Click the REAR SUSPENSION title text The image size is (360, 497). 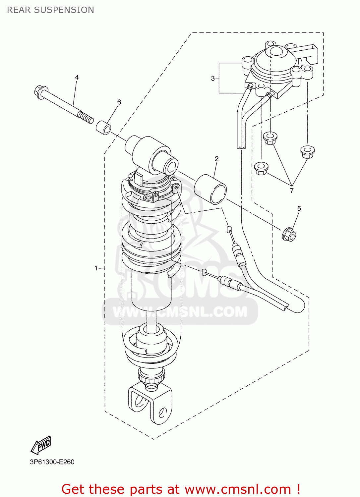coord(50,10)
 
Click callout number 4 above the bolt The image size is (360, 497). coord(77,77)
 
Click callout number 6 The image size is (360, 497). coord(119,102)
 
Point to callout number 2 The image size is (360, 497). coord(216,159)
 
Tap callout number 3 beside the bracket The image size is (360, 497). coord(213,79)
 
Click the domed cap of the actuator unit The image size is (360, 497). coord(275,52)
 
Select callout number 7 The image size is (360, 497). coord(292,191)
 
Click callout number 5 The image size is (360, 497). coord(299,208)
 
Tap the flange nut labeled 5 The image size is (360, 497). coord(289,235)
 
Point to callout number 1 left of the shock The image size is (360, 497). coord(96,268)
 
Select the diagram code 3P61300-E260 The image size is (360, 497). coord(52,462)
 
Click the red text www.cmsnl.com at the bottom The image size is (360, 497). coord(238,489)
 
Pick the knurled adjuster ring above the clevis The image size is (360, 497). coord(151,376)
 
